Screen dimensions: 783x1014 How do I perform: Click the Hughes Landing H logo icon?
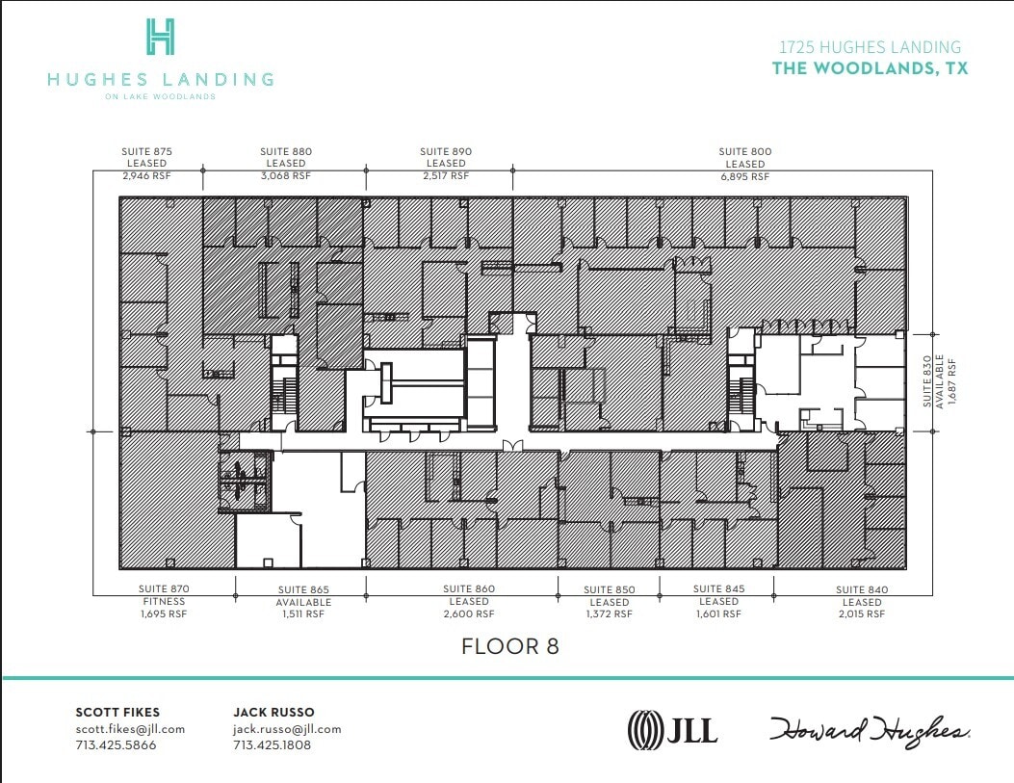pos(160,37)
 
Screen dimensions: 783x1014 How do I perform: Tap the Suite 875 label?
pos(146,151)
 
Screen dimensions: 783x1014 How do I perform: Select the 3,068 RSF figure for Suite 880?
pos(285,176)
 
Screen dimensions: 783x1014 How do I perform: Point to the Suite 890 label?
pos(446,151)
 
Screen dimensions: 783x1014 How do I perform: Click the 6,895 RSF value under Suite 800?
pos(744,176)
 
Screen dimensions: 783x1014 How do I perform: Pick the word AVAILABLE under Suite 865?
pos(303,602)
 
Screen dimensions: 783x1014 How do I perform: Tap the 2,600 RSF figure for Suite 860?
pos(469,613)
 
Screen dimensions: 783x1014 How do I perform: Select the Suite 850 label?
pos(611,589)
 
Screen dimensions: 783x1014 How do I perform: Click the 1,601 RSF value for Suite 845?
pos(719,613)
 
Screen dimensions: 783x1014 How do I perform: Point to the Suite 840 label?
pos(862,589)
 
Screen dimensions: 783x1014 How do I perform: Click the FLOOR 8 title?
pos(510,646)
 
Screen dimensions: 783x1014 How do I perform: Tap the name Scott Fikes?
pos(117,712)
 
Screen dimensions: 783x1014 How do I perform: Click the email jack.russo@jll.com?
pos(287,729)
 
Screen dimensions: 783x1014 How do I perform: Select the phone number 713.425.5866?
pos(116,745)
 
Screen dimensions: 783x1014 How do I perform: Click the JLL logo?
pos(672,729)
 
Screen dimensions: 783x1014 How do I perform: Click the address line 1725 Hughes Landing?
pos(870,46)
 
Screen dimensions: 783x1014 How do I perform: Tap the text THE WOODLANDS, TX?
pos(870,68)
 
